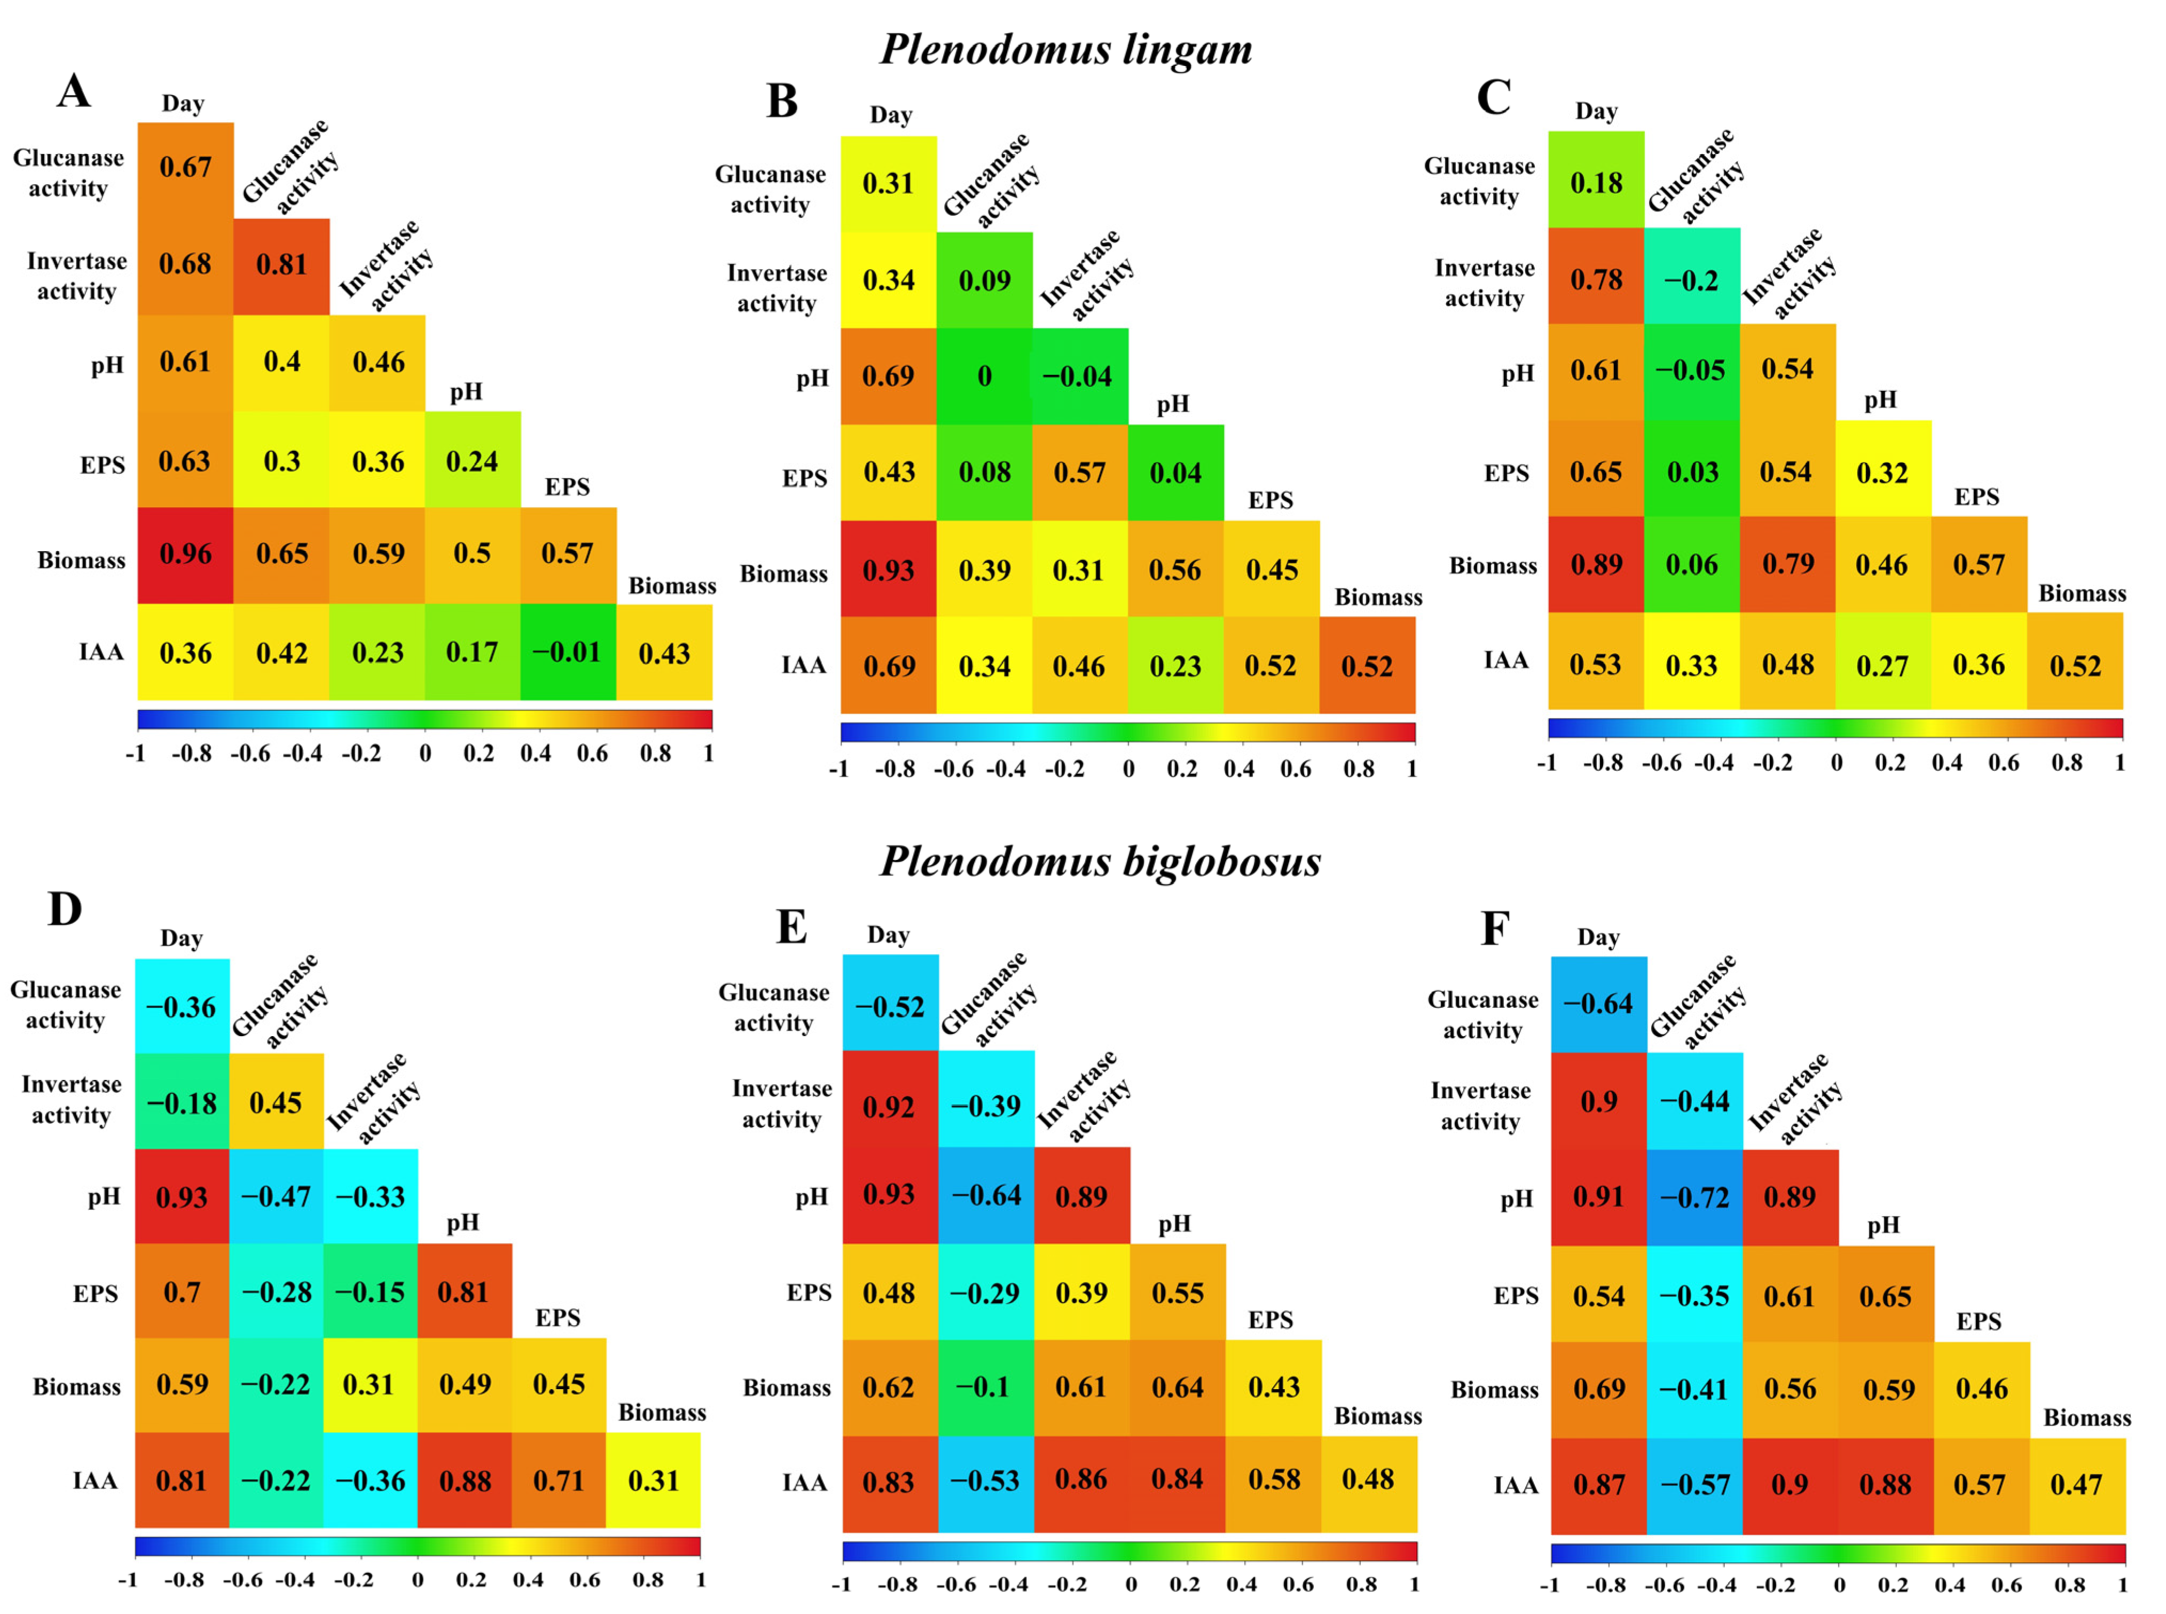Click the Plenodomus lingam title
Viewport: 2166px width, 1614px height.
pos(1066,49)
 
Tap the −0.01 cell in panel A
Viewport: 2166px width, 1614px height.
pos(568,652)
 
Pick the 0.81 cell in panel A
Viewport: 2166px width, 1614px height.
pos(281,265)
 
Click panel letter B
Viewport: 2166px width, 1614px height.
pos(782,100)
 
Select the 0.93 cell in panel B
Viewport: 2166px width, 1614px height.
pos(888,569)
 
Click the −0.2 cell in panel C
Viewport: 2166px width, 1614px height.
pos(1691,280)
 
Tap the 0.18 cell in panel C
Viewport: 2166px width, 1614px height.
pos(1596,183)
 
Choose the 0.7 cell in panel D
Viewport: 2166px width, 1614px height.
pos(182,1291)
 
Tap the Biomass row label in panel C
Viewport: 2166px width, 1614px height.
pos(1493,566)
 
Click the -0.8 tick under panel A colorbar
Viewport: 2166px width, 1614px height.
pos(192,753)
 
